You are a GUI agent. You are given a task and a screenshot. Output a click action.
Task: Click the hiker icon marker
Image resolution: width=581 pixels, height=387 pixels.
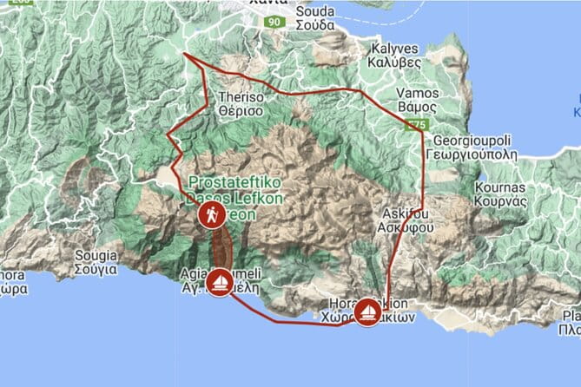(x=211, y=216)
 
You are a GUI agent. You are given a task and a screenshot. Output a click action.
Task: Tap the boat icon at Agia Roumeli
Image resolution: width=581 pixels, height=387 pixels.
(x=220, y=280)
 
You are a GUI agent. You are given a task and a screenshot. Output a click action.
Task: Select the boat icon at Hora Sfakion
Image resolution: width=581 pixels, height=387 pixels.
(x=368, y=311)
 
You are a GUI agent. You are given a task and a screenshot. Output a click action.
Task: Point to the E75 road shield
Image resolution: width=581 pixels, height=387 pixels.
(x=417, y=125)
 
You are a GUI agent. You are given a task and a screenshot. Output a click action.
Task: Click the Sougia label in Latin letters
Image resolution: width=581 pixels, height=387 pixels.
(x=96, y=256)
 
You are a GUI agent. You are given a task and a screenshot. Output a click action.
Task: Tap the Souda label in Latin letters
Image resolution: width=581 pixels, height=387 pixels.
(x=314, y=11)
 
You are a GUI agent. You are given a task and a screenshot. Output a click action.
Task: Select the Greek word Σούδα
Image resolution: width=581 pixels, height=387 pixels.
(x=314, y=24)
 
